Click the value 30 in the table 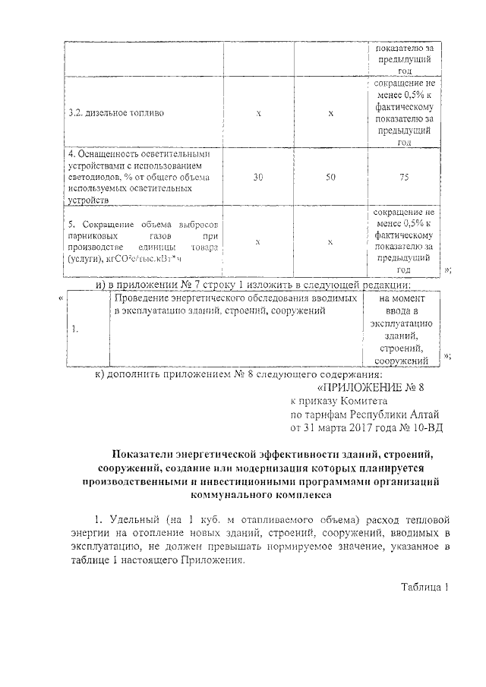258,176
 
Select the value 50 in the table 330,176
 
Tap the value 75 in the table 403,176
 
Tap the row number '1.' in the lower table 74,329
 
